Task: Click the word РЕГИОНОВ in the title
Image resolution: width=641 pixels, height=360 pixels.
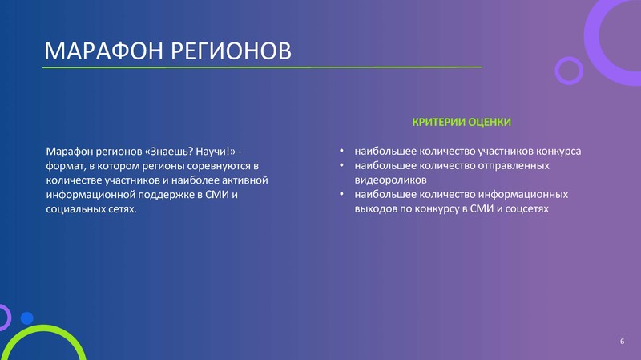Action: point(231,51)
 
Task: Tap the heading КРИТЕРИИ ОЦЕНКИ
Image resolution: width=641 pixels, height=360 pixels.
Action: point(462,122)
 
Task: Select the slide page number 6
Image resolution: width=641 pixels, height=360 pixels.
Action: point(623,342)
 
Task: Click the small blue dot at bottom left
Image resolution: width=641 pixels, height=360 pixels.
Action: point(27,318)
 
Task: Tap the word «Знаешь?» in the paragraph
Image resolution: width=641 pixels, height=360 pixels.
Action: point(169,152)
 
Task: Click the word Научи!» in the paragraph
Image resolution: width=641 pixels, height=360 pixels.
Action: point(216,152)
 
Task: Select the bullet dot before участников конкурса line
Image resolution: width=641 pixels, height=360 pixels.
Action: point(341,151)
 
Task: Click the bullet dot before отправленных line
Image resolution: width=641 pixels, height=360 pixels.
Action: point(341,165)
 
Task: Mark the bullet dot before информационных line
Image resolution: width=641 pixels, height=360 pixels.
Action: point(341,194)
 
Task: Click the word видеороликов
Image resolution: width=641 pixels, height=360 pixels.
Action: point(390,180)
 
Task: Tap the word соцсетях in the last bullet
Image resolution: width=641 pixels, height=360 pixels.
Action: point(527,208)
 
